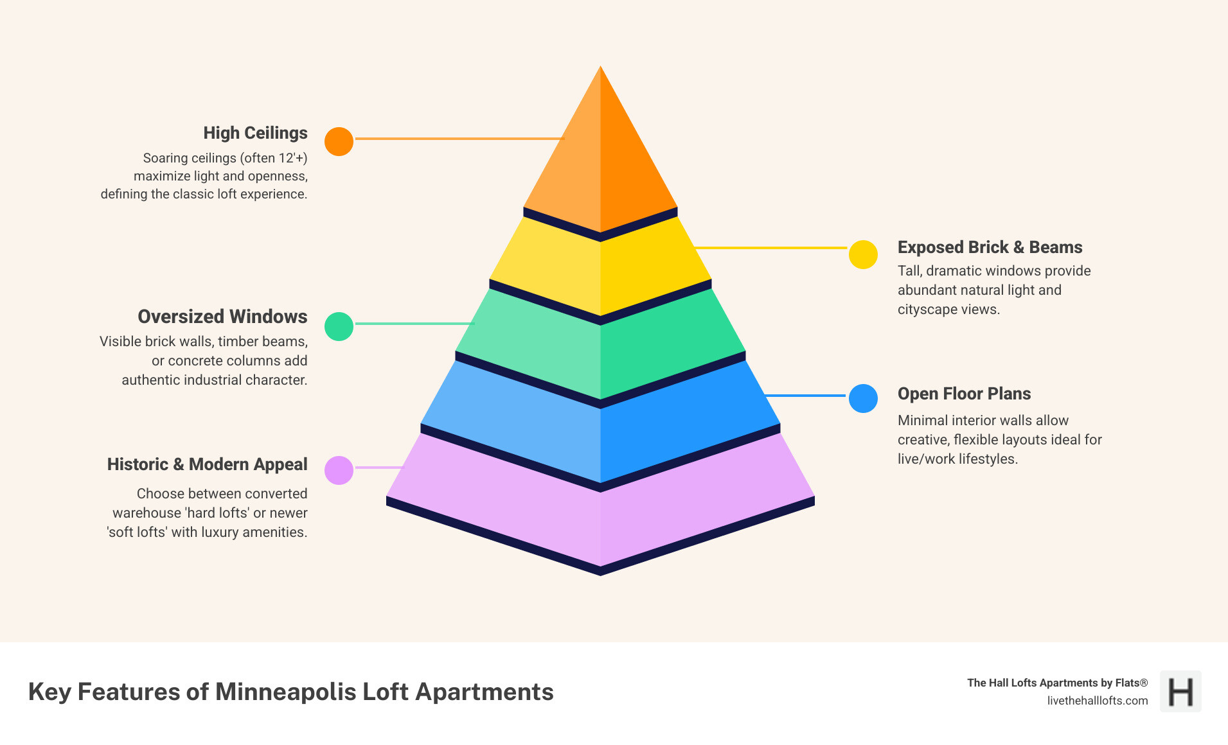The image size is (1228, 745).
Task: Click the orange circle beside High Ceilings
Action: click(x=339, y=141)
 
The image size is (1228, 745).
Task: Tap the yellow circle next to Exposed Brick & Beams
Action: click(x=863, y=254)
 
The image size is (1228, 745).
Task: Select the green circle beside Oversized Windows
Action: click(x=339, y=326)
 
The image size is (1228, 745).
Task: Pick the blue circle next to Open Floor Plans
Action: click(x=863, y=398)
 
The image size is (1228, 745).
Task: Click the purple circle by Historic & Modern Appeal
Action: click(x=339, y=470)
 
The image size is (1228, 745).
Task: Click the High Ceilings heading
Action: click(x=255, y=133)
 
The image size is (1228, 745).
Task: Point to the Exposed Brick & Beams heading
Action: click(x=990, y=247)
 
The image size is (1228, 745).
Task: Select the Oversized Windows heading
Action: click(x=222, y=317)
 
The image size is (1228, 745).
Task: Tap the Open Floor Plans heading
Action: click(x=964, y=394)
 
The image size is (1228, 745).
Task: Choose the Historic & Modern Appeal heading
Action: click(x=207, y=464)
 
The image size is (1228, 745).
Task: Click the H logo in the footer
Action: click(x=1180, y=692)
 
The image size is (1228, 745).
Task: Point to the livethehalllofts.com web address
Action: click(x=1097, y=701)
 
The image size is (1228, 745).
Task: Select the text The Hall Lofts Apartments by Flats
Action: click(x=1057, y=683)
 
